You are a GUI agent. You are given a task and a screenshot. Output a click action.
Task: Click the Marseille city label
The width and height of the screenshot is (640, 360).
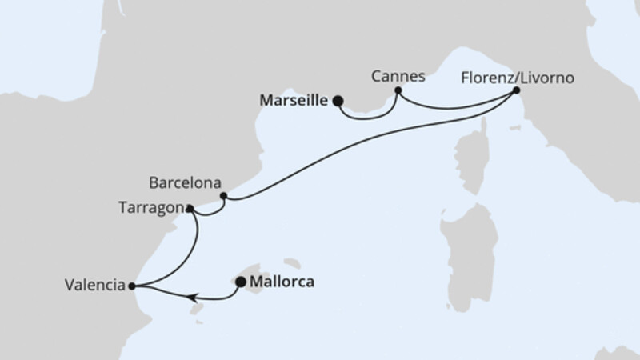(294, 101)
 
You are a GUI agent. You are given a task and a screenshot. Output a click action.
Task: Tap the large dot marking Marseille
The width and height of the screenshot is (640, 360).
(338, 101)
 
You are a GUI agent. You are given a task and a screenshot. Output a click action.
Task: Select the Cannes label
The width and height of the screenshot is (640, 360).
(398, 77)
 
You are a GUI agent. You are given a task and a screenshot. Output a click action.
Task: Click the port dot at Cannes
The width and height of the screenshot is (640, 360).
(398, 90)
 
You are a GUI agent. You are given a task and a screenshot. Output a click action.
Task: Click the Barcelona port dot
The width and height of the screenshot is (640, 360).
(224, 195)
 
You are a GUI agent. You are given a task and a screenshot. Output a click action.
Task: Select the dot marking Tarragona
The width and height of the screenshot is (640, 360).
(189, 209)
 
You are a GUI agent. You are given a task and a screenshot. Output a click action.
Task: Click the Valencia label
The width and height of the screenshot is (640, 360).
(95, 284)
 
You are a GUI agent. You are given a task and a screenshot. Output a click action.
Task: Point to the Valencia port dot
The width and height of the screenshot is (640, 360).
(131, 284)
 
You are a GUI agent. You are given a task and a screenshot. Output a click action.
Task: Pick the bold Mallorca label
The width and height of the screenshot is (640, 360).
(282, 282)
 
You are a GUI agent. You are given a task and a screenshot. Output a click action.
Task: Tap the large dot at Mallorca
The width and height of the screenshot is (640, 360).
(240, 282)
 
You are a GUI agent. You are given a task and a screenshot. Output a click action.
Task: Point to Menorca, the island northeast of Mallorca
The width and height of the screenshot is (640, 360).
(291, 262)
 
